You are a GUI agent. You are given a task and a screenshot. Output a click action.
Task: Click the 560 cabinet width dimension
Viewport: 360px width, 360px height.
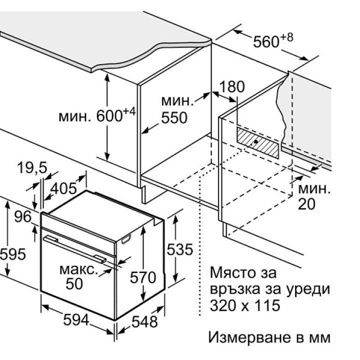click(x=265, y=42)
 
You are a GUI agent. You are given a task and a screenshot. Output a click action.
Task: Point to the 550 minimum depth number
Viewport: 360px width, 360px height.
click(x=173, y=118)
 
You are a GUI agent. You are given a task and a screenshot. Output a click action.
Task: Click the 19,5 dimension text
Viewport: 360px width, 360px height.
click(x=30, y=168)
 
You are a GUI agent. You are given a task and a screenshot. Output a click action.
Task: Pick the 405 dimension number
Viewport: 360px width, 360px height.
click(x=63, y=188)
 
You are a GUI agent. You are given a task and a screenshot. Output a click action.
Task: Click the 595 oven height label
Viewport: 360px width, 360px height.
click(x=12, y=254)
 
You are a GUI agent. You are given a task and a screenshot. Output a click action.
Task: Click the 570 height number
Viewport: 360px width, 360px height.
click(x=142, y=276)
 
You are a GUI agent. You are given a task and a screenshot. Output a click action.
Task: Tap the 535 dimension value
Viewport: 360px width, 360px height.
click(x=179, y=250)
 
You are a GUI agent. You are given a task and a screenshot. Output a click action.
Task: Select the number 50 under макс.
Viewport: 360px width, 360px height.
click(x=75, y=283)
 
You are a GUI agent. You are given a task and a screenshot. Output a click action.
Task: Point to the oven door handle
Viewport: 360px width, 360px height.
click(x=75, y=248)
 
